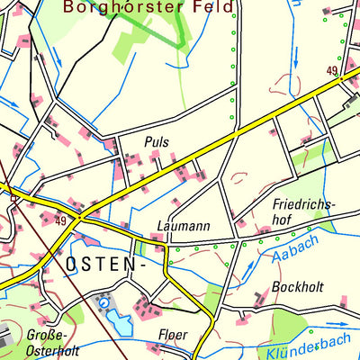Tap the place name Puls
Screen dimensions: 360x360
click(156, 141)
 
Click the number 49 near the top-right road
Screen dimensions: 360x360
click(331, 70)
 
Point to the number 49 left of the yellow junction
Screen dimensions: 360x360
click(61, 221)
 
